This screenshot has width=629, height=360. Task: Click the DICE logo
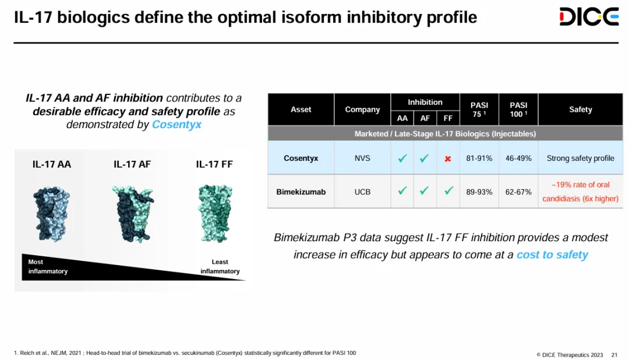coord(589,16)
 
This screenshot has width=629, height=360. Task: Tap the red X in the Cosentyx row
coord(448,159)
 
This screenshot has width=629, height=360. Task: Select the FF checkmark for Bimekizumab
coord(448,190)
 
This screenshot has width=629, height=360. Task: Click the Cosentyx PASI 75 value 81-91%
coord(479,158)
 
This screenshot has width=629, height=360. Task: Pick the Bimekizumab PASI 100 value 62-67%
coord(518,192)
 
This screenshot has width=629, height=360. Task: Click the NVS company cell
coord(362,158)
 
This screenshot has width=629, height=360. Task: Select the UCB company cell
coord(362,192)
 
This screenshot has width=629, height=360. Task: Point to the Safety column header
coord(581,109)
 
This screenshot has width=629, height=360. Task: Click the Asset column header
coord(301,109)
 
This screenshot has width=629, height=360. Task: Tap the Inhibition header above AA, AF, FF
coord(425,102)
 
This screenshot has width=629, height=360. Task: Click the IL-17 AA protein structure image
coord(51,214)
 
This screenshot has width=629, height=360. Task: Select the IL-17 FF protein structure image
coord(215,214)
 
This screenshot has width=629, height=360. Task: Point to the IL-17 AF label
coord(132,164)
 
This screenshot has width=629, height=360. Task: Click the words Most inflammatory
coord(48,266)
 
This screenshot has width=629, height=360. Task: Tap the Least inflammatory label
coord(220,266)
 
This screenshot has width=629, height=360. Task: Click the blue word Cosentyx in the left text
coord(176,125)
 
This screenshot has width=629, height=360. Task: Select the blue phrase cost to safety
coord(552,255)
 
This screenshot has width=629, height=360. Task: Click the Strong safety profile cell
coord(581,158)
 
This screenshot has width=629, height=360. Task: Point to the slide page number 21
coord(614,355)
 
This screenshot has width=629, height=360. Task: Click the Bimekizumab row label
coord(301,192)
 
